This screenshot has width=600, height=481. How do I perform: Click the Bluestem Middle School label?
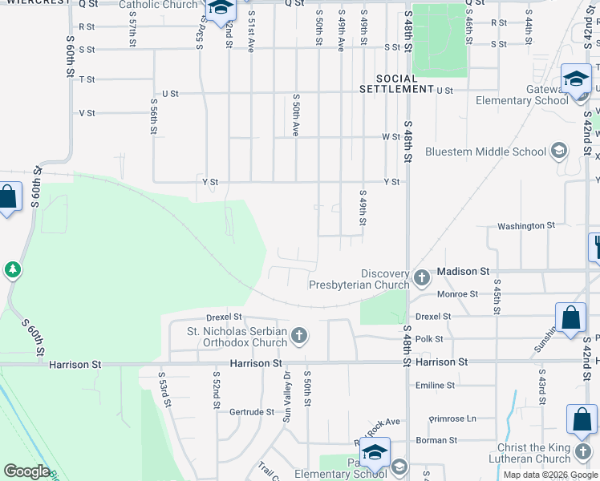click(x=485, y=152)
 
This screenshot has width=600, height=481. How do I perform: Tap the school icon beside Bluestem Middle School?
click(x=559, y=151)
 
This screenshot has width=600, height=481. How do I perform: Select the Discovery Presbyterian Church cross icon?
click(x=422, y=278)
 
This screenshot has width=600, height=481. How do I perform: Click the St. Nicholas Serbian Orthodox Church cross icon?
click(x=299, y=335)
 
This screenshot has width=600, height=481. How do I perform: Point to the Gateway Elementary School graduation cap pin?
click(x=575, y=79)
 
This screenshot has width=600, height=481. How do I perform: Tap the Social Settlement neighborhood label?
click(x=407, y=83)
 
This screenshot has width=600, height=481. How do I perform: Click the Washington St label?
click(x=526, y=226)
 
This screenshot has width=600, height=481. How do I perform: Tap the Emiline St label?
click(x=436, y=386)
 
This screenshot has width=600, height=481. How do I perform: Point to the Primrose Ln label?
click(x=452, y=418)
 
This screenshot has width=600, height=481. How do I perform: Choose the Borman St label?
click(x=436, y=440)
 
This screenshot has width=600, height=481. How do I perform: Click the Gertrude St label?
click(x=252, y=412)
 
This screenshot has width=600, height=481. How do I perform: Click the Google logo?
click(x=26, y=471)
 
